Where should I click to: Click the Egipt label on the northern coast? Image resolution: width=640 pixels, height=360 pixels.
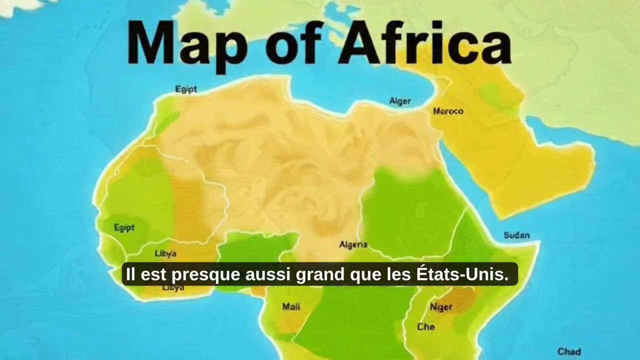tap(186, 89)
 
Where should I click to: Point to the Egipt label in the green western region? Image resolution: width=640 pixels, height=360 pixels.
tap(124, 228)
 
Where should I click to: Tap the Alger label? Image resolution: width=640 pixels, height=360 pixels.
tap(400, 101)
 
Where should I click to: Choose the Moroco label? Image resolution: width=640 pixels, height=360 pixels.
tap(448, 111)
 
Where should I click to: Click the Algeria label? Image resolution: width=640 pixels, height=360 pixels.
tap(353, 245)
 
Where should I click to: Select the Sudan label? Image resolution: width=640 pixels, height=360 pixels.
tap(516, 235)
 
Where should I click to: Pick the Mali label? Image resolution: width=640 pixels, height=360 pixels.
tap(291, 306)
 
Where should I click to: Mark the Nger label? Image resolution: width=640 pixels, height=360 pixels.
tap(441, 307)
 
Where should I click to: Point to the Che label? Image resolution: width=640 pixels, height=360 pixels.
tap(426, 327)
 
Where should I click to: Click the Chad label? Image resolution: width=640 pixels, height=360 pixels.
tap(569, 351)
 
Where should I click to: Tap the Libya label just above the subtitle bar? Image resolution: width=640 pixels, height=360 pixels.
tap(165, 253)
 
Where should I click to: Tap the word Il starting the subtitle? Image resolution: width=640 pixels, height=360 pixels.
tap(130, 274)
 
